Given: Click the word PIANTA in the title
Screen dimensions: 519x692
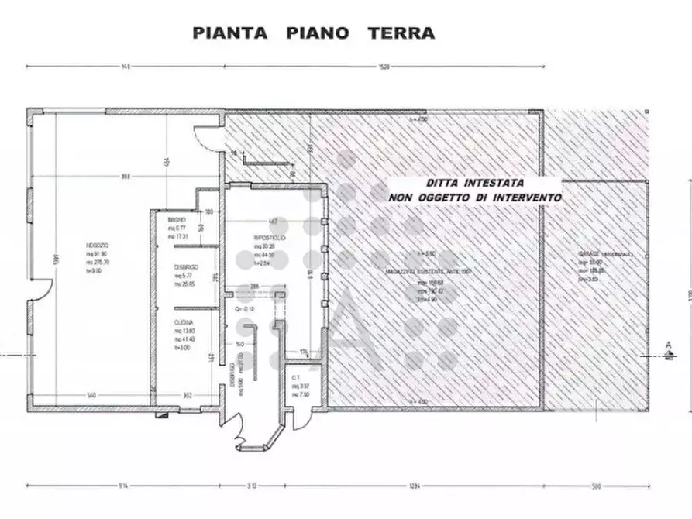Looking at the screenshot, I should click(230, 33).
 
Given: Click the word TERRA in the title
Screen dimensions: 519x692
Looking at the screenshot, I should click(401, 33).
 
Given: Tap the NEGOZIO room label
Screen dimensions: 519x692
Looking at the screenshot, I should click(97, 245).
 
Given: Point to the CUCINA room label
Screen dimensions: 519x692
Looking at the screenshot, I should click(183, 322).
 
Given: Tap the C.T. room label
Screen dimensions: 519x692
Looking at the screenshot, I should click(296, 378).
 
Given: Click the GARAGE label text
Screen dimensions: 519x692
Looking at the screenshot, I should click(589, 255).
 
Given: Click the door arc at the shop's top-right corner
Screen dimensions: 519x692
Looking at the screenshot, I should click(206, 137).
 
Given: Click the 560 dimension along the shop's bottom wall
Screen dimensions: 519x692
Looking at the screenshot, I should click(91, 396).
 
